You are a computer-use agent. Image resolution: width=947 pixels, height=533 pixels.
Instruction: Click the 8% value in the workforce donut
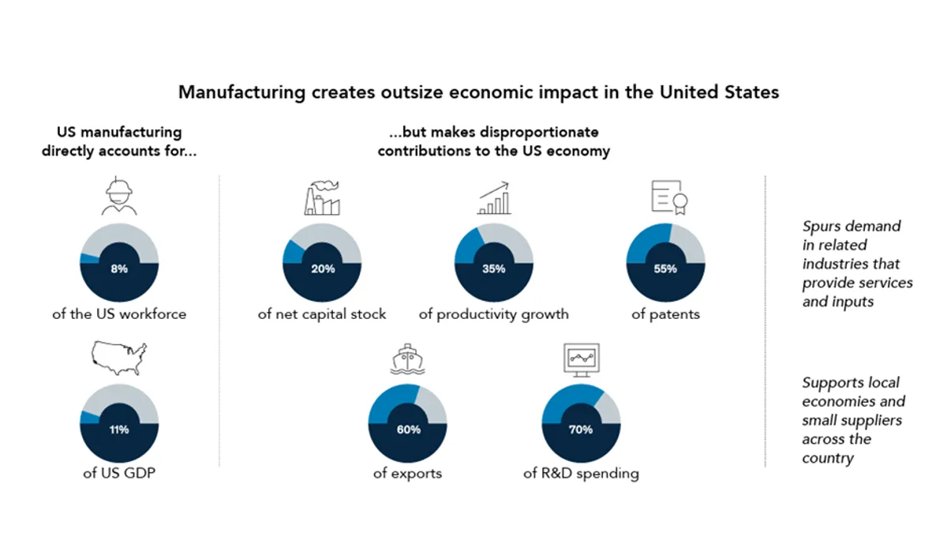(x=119, y=268)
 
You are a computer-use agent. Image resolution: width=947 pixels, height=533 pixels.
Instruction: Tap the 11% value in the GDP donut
(x=119, y=430)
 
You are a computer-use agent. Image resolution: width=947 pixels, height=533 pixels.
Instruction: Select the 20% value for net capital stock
(x=323, y=268)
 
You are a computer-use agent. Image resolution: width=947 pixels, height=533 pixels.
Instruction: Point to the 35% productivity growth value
(x=494, y=268)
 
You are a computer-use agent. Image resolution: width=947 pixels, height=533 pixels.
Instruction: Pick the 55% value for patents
(x=665, y=268)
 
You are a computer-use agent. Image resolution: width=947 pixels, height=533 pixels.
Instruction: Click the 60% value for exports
(x=408, y=430)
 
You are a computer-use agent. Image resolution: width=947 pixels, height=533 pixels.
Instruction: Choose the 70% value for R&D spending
(x=580, y=430)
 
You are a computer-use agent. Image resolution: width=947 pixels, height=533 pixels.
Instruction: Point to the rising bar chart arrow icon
(x=494, y=199)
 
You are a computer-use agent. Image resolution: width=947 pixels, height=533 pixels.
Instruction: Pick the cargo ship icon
(x=408, y=360)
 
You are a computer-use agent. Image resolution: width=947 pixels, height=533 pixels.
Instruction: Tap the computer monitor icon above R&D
(x=580, y=360)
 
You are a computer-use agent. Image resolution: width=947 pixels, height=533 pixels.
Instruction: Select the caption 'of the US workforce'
(x=119, y=314)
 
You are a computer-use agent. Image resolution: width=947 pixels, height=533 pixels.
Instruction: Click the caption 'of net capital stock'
(x=322, y=314)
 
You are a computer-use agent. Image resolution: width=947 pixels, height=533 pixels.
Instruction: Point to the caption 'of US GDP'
(x=119, y=474)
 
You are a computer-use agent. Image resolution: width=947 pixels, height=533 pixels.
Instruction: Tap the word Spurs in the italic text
(x=822, y=227)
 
